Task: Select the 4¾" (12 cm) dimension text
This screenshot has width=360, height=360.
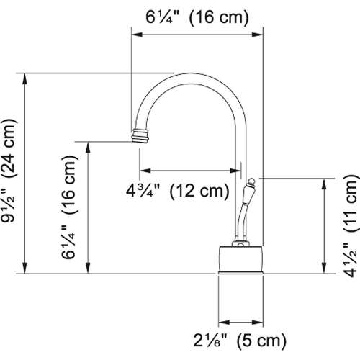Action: point(177,192)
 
